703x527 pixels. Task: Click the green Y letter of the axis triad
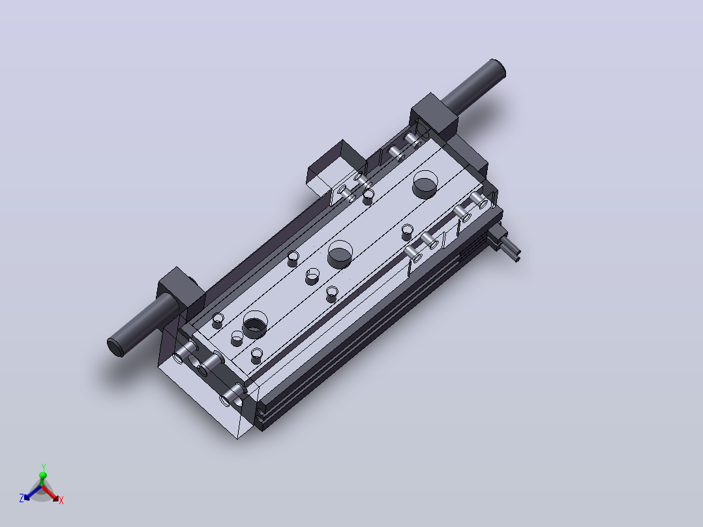tap(44, 468)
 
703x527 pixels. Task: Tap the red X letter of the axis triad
tap(61, 500)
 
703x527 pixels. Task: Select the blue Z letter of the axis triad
tap(21, 498)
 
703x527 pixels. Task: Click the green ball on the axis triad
tap(43, 475)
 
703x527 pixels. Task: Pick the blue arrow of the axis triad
tap(33, 492)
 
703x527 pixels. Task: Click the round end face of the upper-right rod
tap(498, 68)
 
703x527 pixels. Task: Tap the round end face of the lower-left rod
tap(115, 347)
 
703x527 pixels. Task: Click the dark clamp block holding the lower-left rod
tap(181, 291)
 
